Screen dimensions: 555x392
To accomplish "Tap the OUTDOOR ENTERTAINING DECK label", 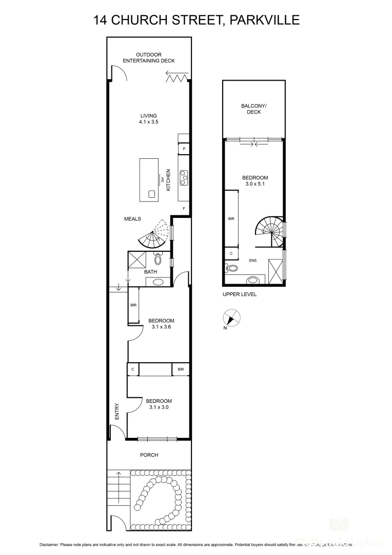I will point(149,58).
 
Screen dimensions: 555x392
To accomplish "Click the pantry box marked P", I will point(184,150).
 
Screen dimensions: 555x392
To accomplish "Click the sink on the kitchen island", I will point(151,194).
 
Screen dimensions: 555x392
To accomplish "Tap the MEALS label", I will point(132,219).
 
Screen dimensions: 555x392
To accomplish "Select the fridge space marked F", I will point(184,208).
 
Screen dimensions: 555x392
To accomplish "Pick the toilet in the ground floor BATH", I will point(158,259).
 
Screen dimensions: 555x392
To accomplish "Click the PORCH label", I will point(149,455).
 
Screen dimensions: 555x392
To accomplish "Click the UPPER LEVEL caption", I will point(239,294).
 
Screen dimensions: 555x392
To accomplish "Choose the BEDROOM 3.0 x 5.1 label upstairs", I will point(255,180).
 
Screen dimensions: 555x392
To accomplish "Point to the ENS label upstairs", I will point(252,261).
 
